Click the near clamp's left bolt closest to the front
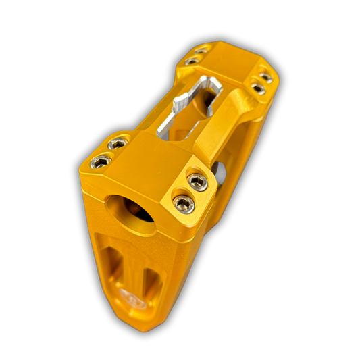(101, 161)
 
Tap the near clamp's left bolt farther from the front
(117, 144)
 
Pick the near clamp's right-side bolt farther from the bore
(197, 180)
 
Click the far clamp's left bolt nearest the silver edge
(192, 61)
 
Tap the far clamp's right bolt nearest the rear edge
(267, 78)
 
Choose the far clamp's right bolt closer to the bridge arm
(258, 88)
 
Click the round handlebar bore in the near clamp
(129, 208)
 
